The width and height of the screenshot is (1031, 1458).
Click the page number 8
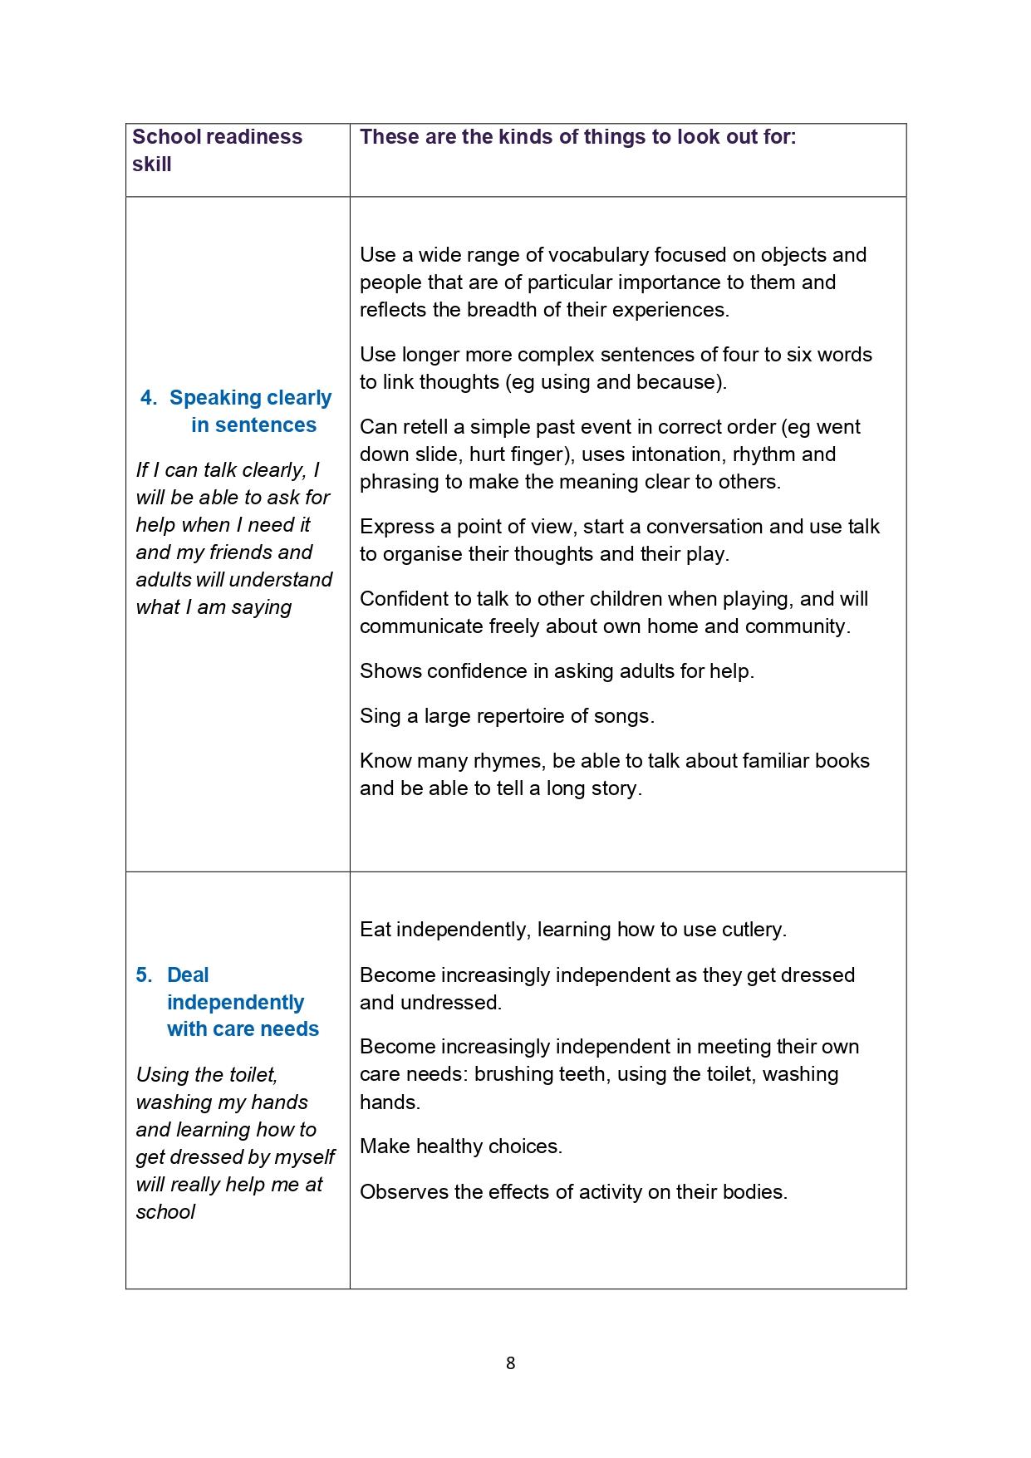tap(510, 1362)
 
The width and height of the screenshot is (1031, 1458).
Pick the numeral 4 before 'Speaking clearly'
tap(147, 398)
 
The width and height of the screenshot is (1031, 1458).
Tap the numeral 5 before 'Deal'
tap(143, 975)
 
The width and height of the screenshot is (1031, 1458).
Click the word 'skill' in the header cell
tap(151, 164)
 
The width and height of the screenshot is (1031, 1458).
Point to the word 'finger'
tap(538, 454)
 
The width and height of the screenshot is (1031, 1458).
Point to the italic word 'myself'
tap(304, 1157)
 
